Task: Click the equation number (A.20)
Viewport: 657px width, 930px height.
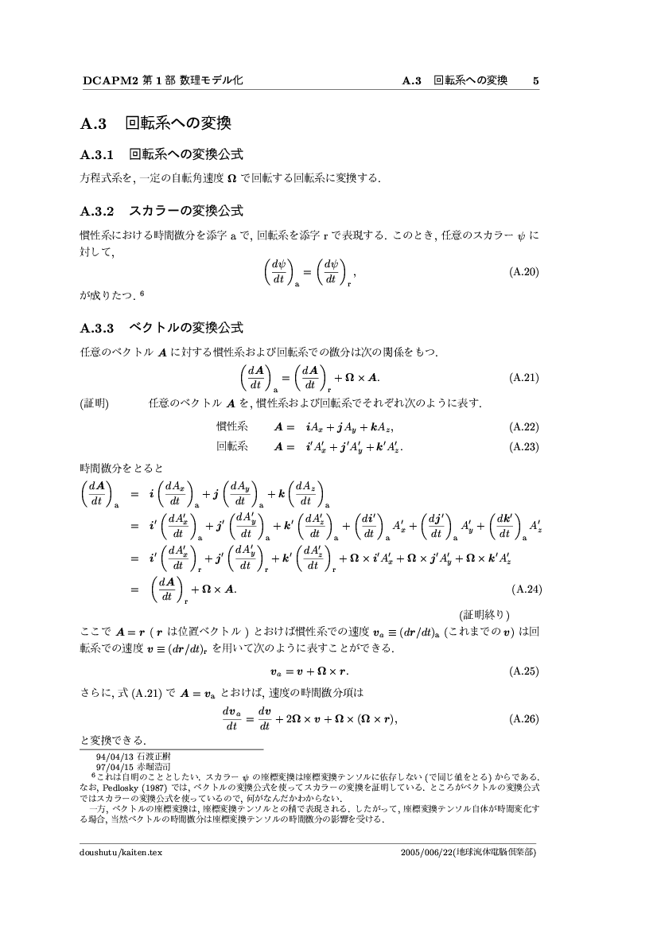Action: tap(524, 272)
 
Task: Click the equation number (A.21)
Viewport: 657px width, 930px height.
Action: tap(524, 377)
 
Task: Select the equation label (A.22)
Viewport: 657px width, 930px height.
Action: tap(524, 427)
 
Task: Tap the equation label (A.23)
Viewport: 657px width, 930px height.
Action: tap(524, 446)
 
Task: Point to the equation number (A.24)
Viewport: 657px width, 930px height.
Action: tap(524, 590)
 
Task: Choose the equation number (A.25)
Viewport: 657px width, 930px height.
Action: tap(524, 671)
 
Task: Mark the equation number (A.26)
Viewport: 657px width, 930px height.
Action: tap(524, 719)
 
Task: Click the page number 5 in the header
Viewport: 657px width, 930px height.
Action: tap(536, 80)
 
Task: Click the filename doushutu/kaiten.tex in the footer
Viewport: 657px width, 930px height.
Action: tap(121, 851)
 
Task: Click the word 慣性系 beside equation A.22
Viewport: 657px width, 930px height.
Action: tap(232, 427)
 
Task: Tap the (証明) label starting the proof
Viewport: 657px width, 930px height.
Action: tap(95, 403)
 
